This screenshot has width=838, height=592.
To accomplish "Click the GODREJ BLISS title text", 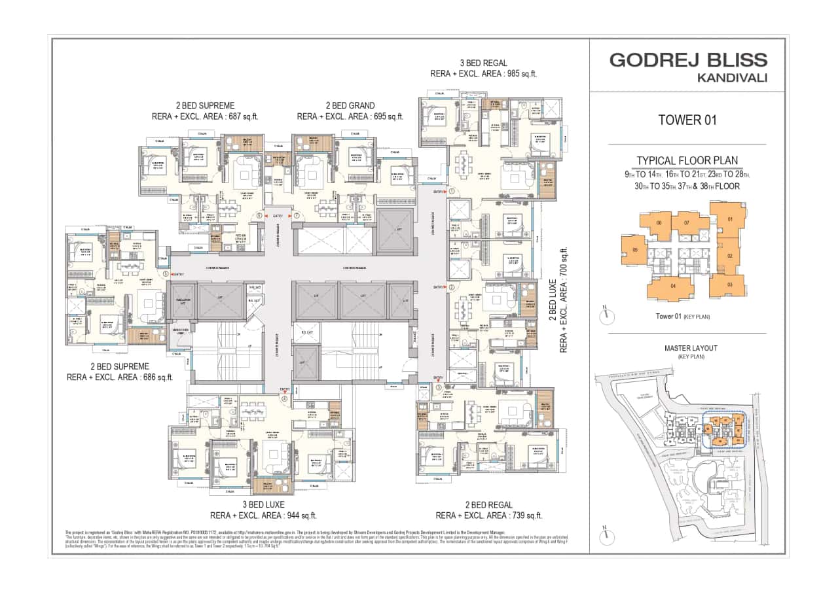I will (688, 60).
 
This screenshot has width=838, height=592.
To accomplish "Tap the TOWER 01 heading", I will (687, 120).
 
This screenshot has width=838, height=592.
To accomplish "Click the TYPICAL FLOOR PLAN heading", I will (687, 160).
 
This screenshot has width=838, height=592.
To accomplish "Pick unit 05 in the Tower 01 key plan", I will (634, 251).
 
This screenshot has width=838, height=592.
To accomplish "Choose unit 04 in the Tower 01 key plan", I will (672, 287).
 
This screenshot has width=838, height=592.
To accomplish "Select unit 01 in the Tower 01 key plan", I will (729, 220).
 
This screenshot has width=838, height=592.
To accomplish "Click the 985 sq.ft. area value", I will (517, 74).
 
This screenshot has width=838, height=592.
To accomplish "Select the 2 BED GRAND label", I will (350, 105).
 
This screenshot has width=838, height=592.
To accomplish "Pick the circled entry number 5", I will (166, 275).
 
